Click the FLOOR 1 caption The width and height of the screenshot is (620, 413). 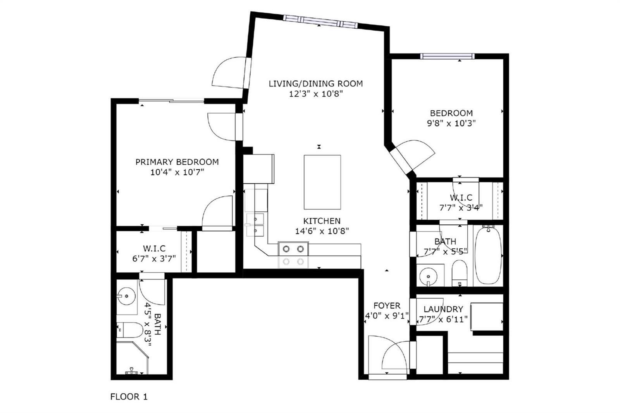click(x=129, y=397)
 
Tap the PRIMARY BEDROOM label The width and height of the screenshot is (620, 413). click(x=177, y=162)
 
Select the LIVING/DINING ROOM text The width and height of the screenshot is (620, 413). click(x=316, y=84)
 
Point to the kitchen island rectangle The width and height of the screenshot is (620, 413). click(x=322, y=182)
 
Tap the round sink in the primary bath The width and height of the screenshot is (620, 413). click(x=126, y=296)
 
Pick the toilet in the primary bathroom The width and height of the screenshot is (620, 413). click(x=129, y=330)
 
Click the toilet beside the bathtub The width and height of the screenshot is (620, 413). click(x=460, y=273)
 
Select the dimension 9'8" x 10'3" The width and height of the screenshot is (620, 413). click(x=451, y=123)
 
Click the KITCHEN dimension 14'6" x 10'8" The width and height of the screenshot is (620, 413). click(x=322, y=231)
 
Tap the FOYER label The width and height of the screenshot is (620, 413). click(x=387, y=306)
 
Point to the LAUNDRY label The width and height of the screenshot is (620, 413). click(x=443, y=309)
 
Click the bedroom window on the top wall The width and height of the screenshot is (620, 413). click(x=447, y=56)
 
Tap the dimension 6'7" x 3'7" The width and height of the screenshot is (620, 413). click(x=154, y=258)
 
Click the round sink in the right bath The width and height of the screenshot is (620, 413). click(x=429, y=276)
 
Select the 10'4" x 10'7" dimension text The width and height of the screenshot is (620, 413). click(x=177, y=172)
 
